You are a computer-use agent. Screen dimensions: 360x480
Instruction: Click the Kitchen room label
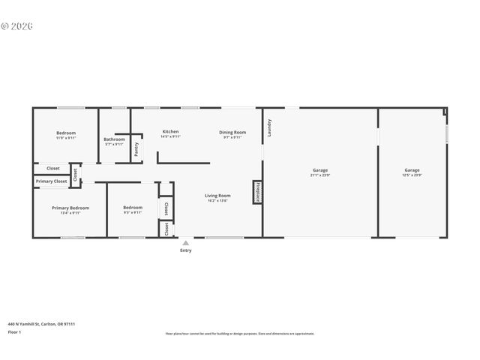pos(170,132)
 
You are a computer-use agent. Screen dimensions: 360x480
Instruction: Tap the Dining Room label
pos(232,132)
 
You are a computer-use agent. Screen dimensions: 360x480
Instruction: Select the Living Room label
pos(217,196)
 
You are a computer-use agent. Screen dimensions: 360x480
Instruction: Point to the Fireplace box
pos(258,191)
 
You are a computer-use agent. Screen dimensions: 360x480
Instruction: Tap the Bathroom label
pos(114,139)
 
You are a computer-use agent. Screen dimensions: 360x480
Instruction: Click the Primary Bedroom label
pos(70,208)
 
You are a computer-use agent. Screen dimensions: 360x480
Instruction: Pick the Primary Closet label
pos(51,181)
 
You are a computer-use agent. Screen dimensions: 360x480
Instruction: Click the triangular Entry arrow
pos(185,243)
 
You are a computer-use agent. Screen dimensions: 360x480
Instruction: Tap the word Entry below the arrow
pos(185,250)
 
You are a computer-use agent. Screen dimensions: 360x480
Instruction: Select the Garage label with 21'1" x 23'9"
pos(320,170)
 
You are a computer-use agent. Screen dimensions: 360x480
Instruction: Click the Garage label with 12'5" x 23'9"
pos(412,170)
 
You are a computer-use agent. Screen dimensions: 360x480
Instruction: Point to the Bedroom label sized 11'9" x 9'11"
pos(66,133)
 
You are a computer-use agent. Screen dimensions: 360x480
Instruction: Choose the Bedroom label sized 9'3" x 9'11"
pos(133,208)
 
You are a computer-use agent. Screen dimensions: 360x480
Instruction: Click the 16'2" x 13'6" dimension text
pos(217,201)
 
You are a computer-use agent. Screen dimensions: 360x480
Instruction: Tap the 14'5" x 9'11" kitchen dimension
pos(170,137)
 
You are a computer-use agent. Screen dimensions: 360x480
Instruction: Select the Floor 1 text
pos(13,331)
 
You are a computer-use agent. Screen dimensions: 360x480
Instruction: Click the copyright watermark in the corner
pos(16,25)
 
